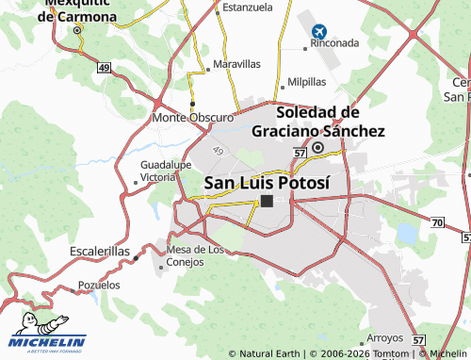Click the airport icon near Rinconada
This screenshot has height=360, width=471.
[x=317, y=32]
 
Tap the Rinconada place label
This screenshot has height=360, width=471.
[x=334, y=43]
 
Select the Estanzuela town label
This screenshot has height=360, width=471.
[x=246, y=7]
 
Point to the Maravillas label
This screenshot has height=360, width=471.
[x=236, y=64]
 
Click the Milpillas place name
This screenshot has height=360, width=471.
[x=306, y=82]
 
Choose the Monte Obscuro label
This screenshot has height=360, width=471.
[x=192, y=118]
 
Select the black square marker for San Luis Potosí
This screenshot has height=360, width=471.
[x=267, y=201]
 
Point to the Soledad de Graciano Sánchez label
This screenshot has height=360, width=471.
[x=318, y=123]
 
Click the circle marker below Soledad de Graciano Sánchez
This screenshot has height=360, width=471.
[x=318, y=147]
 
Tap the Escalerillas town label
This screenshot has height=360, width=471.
[x=99, y=252]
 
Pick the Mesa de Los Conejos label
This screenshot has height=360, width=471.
[x=195, y=255]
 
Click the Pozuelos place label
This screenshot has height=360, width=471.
[x=99, y=284]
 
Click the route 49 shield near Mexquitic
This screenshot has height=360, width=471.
[x=104, y=67]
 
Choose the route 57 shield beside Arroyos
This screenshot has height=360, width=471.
[x=419, y=339]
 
